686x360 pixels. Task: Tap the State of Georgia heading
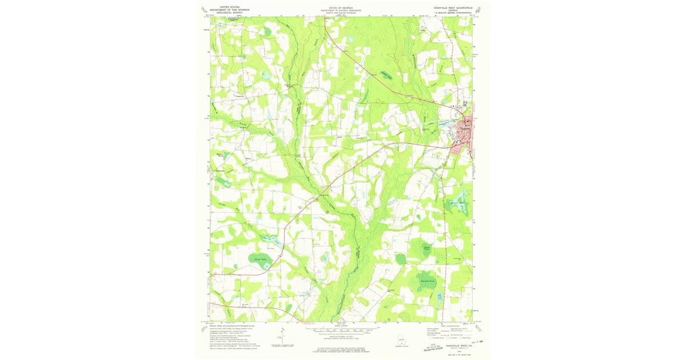[x=342, y=10]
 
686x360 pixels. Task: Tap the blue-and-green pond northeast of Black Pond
[x=457, y=206]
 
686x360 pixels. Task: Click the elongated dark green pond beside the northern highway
[x=387, y=74]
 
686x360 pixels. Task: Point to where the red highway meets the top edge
[x=325, y=17]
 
